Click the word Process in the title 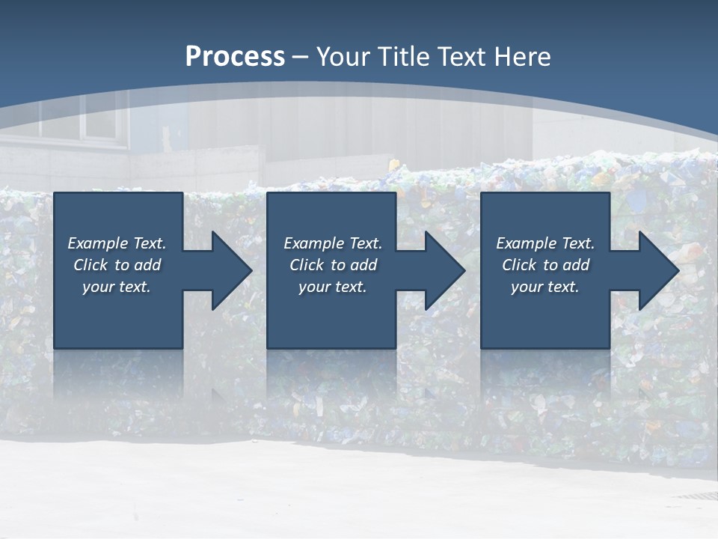tap(235, 56)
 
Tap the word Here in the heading tap(522, 56)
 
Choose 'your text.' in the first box tap(117, 287)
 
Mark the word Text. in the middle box tap(365, 243)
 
